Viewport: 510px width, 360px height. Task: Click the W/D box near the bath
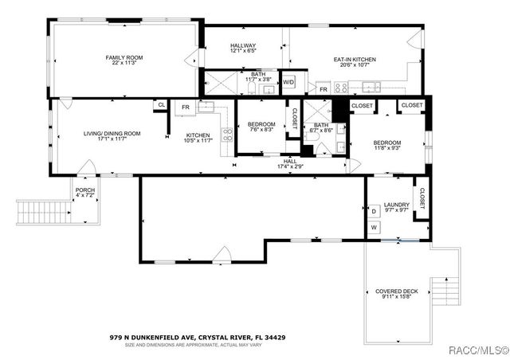tap(288, 82)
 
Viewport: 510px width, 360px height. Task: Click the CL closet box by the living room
tap(162, 105)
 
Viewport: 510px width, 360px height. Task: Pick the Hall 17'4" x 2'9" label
tap(290, 163)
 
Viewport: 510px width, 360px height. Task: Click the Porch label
tap(84, 192)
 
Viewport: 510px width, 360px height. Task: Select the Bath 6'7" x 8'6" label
tap(321, 128)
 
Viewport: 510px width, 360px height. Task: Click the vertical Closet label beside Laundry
tap(422, 198)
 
